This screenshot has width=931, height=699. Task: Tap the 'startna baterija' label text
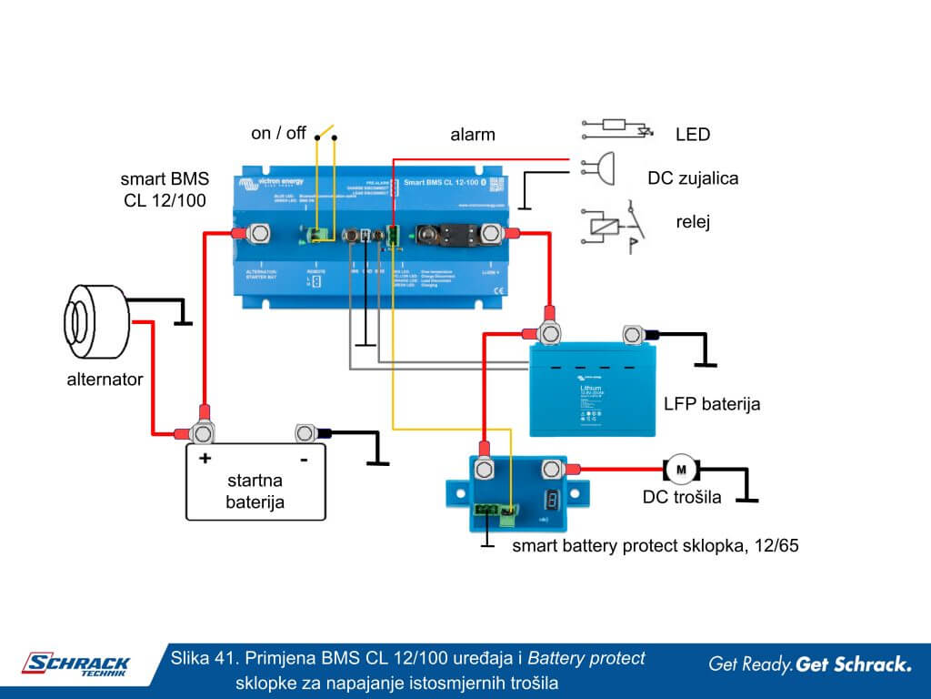255,491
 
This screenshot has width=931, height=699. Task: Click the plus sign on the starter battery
205,459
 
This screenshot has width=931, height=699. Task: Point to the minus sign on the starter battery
303,459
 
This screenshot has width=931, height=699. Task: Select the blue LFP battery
589,387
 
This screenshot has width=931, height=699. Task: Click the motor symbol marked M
681,470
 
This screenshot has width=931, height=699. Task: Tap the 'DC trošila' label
682,497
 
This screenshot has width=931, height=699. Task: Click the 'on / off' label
278,134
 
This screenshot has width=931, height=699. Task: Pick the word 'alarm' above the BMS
473,135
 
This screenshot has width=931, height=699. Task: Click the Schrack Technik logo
76,666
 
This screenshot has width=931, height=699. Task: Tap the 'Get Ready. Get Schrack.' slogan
809,664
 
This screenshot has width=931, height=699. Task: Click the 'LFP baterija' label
712,403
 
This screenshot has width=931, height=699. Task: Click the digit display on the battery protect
550,500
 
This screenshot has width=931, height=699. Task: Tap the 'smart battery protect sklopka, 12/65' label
655,546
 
